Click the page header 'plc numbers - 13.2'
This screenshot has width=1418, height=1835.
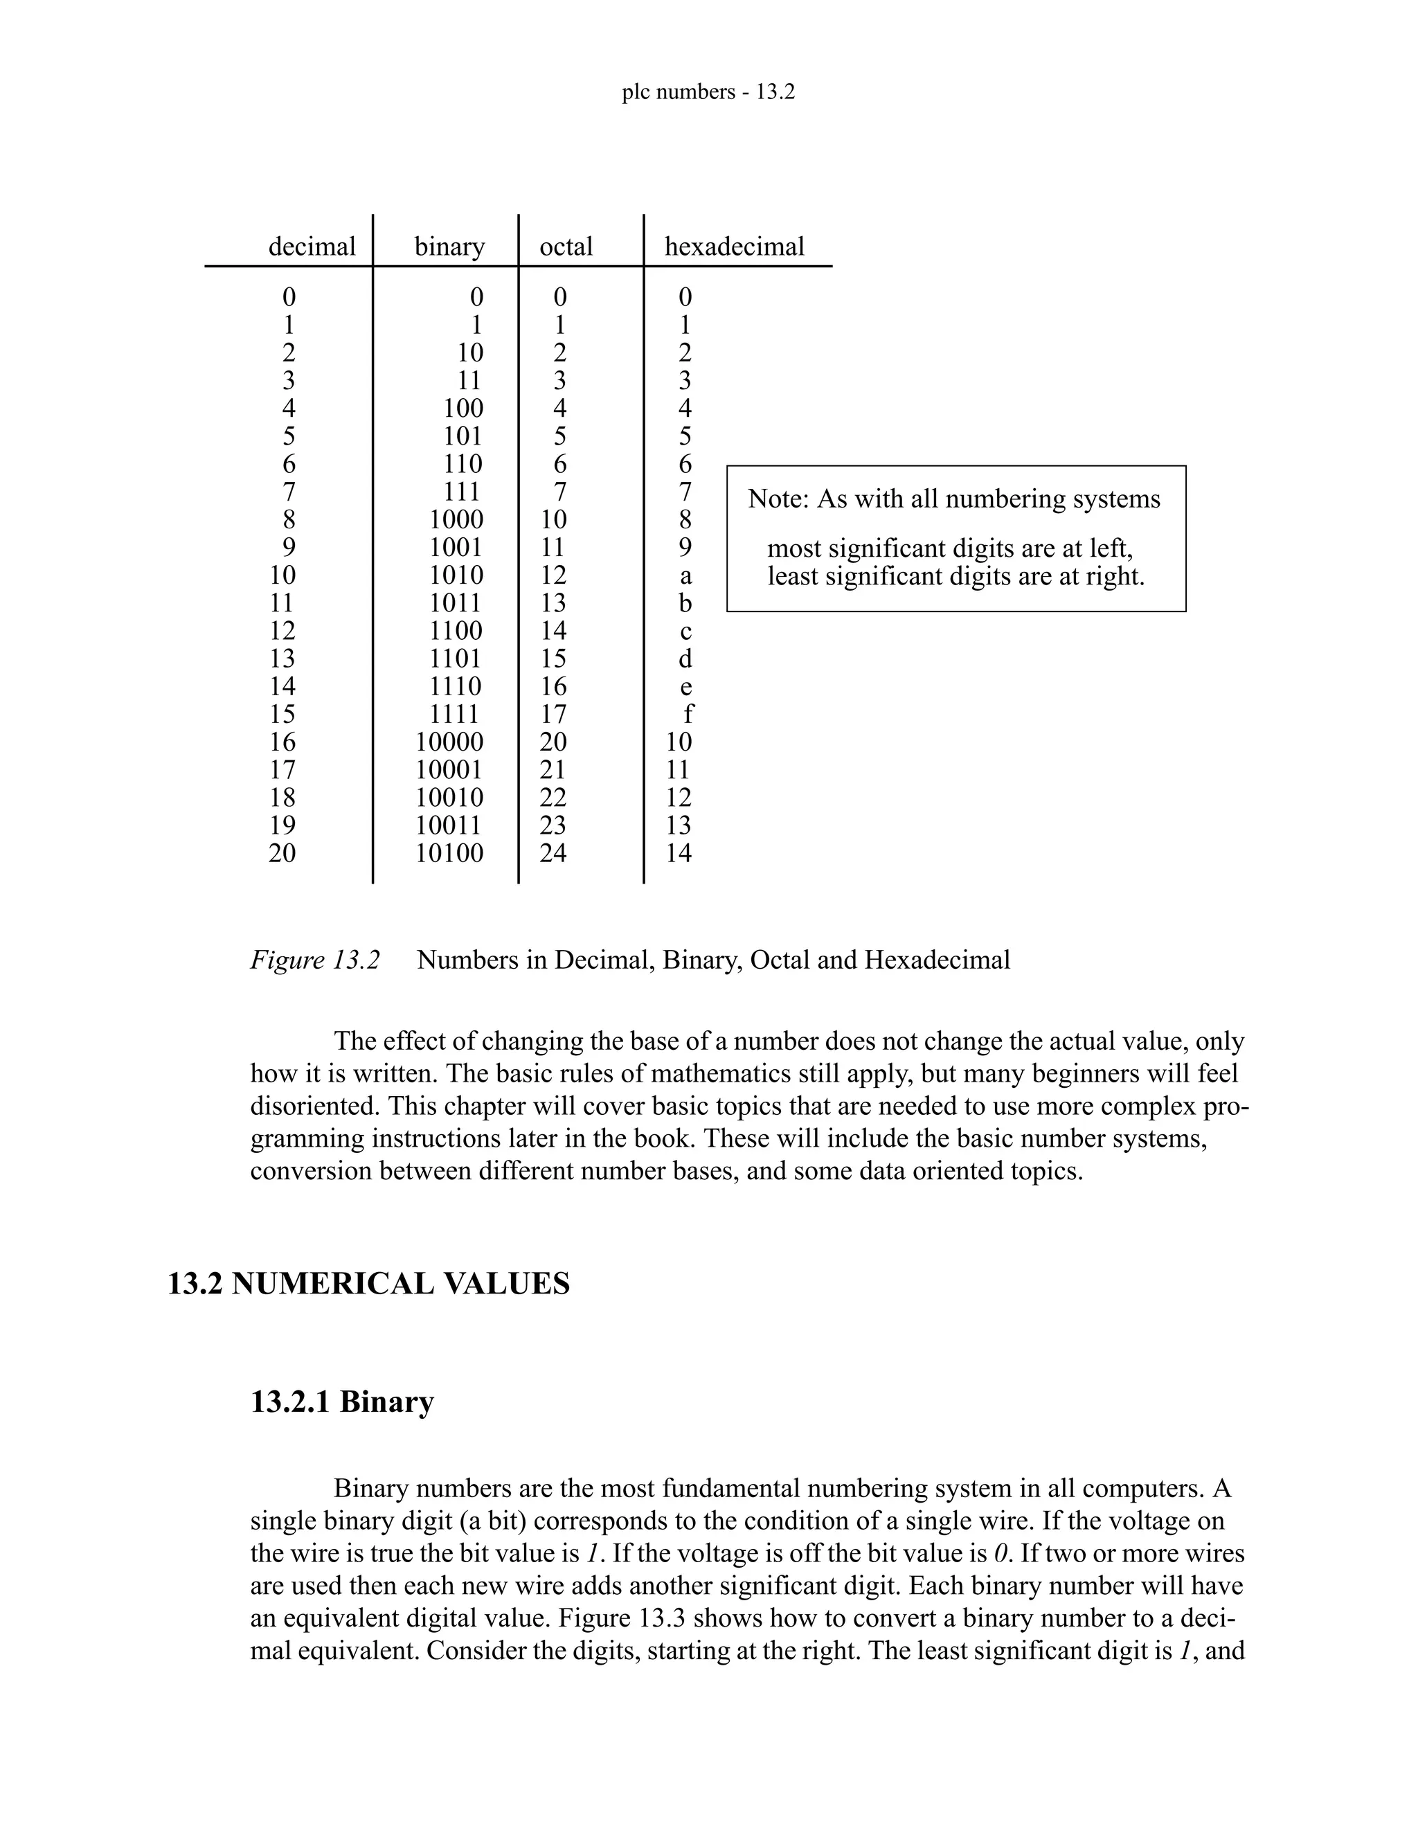click(708, 92)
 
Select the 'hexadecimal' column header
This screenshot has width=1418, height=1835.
click(734, 247)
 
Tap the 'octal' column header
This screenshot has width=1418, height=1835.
click(566, 247)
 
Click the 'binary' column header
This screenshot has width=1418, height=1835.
click(449, 247)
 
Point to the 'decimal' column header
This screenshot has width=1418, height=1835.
click(312, 247)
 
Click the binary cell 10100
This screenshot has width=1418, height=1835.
click(449, 854)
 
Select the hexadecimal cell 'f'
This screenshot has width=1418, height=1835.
click(688, 714)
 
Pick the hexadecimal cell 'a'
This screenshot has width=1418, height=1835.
click(685, 575)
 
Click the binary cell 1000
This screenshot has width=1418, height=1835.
click(456, 519)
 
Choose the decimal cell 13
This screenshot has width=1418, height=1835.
click(282, 659)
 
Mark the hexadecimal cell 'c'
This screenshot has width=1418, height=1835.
click(685, 631)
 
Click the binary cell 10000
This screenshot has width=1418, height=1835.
click(449, 742)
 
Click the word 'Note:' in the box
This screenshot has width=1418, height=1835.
click(778, 499)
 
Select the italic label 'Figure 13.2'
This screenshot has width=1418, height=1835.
click(315, 960)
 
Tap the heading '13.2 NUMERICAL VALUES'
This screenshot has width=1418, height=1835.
click(369, 1284)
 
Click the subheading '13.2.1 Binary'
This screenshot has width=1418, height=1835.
click(342, 1402)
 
